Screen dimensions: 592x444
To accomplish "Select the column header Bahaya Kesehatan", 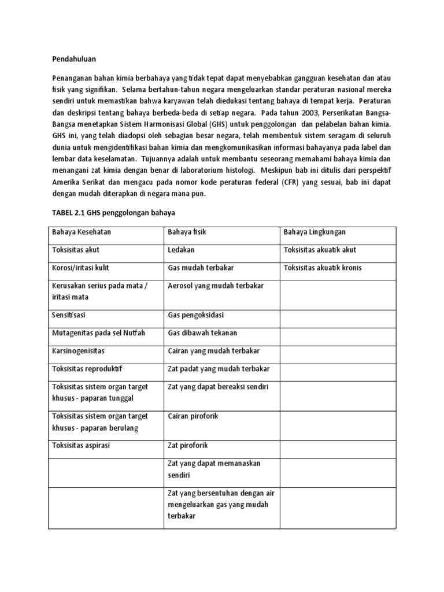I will click(82, 232).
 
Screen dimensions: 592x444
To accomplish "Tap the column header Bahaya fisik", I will click(187, 232).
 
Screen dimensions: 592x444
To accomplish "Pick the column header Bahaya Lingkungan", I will click(315, 232).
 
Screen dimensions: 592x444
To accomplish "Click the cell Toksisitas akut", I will click(76, 250).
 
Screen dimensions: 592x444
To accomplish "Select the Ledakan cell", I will click(181, 250).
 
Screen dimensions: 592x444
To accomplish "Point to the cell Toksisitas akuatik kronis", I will click(323, 268).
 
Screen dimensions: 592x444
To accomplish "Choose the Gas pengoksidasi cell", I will click(195, 315).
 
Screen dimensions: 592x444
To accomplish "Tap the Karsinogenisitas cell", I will click(79, 351).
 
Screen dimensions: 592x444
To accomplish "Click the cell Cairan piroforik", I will click(193, 416).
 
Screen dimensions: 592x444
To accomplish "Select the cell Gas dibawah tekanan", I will click(202, 333).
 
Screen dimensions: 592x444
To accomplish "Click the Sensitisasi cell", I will click(72, 315).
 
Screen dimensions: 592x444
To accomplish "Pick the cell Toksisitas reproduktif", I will click(87, 369).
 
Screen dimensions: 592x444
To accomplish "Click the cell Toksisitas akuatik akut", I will click(320, 250).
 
